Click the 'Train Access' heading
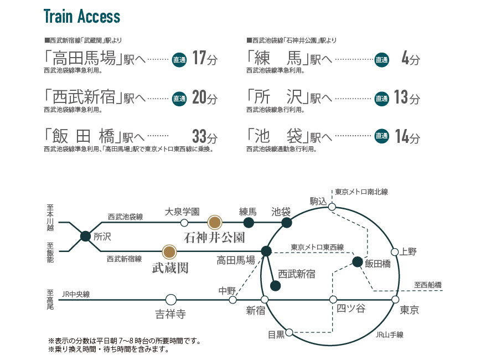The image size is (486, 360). (x=81, y=17)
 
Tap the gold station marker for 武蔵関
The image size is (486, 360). (x=170, y=252)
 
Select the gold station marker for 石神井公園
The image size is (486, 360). (x=214, y=223)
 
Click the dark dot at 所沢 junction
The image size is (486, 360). (x=85, y=236)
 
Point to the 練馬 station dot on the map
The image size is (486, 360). (x=249, y=223)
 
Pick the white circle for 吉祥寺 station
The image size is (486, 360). (x=170, y=300)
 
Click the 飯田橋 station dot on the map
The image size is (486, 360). (x=357, y=261)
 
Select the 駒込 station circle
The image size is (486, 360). (x=332, y=207)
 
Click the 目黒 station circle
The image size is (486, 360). (x=289, y=333)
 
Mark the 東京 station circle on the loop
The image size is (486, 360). (x=395, y=300)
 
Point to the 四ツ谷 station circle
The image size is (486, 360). (x=333, y=300)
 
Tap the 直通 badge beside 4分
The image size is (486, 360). (x=381, y=60)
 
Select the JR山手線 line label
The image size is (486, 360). (x=389, y=335)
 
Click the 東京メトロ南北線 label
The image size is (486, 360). (x=361, y=192)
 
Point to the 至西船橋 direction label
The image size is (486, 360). (x=428, y=285)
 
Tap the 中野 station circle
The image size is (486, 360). (x=233, y=300)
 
